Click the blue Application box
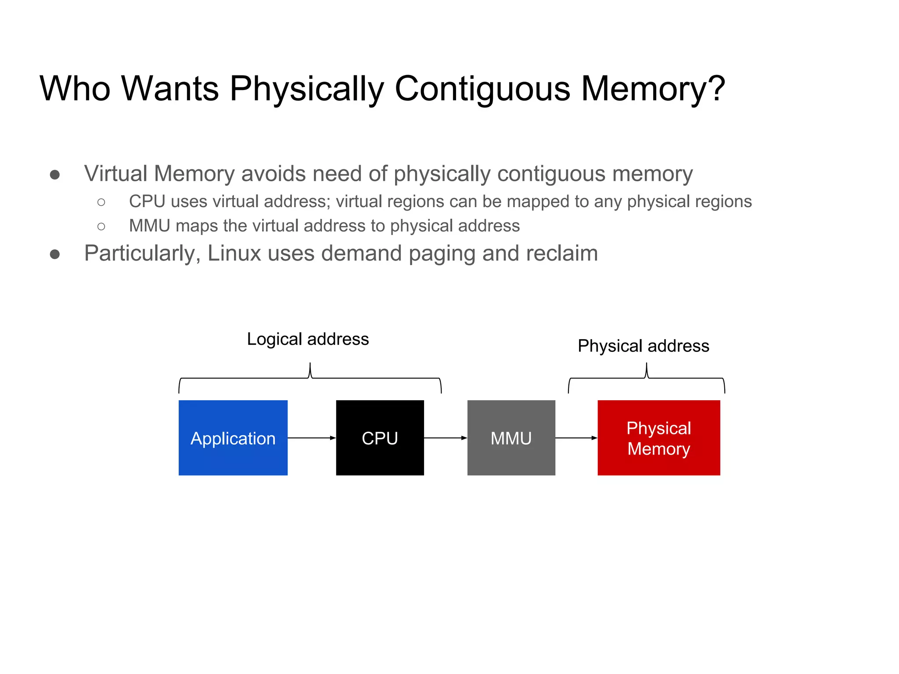coord(233,437)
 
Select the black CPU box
coord(380,437)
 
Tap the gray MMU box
coord(511,437)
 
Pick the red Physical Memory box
coord(658,437)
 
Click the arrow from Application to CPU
coord(312,438)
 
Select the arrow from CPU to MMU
coord(446,438)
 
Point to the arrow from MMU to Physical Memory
coord(576,438)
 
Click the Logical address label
coord(308,339)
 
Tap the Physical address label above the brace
coord(643,346)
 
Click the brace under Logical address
coord(310,378)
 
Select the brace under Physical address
coord(646,378)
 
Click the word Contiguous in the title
coord(482,89)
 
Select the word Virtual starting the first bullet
coord(115,173)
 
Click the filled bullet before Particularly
coord(55,254)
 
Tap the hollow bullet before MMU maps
coord(101,226)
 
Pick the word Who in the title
coord(75,89)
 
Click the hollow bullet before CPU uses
coord(101,202)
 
